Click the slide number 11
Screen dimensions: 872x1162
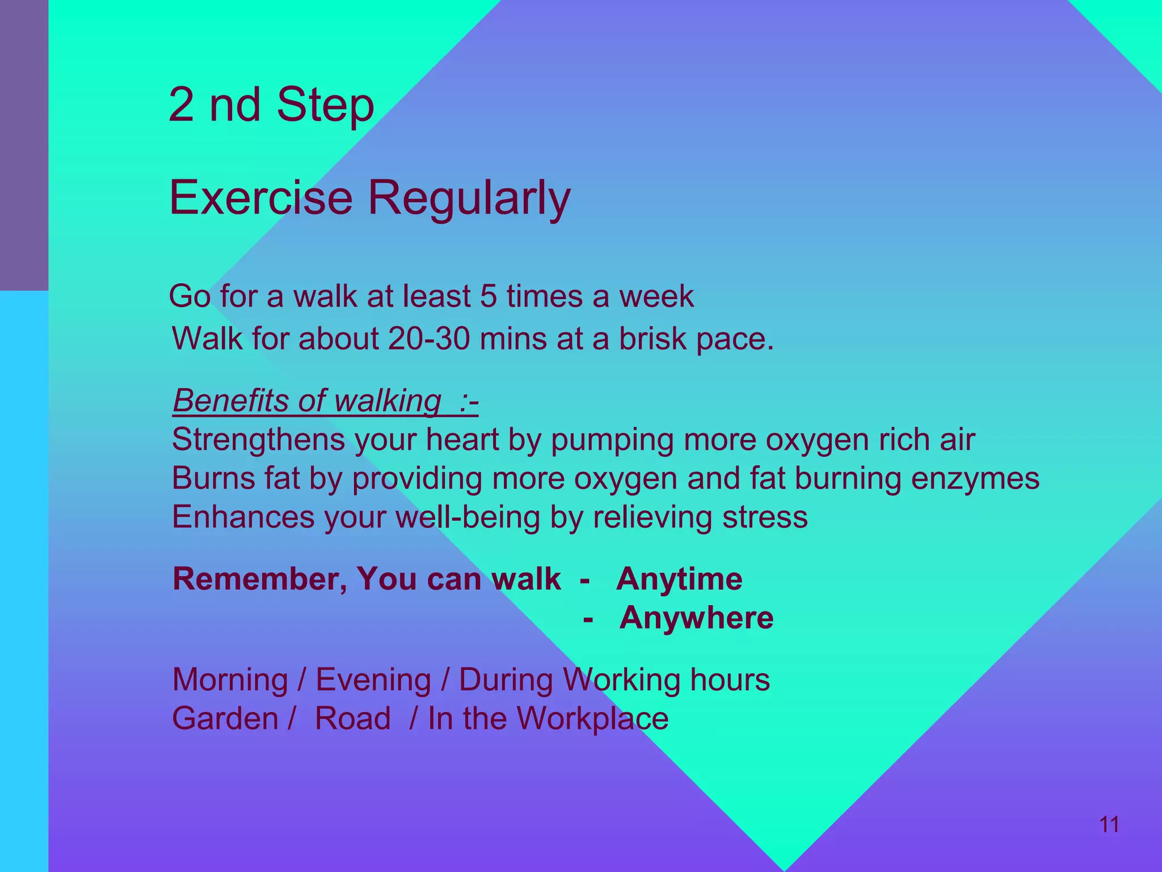coord(1109,824)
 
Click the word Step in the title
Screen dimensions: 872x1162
coord(326,105)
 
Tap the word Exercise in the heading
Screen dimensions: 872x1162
coord(261,197)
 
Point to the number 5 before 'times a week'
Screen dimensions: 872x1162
coord(488,296)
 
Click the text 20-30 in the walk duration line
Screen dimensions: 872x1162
coord(429,339)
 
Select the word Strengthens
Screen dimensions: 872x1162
coord(258,440)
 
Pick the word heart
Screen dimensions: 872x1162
coord(462,440)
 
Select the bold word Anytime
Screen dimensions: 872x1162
coord(679,579)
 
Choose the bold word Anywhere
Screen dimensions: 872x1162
coord(696,618)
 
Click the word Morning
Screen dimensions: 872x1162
coord(230,680)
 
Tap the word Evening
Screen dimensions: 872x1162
coord(373,680)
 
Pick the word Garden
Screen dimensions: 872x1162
coord(225,719)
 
